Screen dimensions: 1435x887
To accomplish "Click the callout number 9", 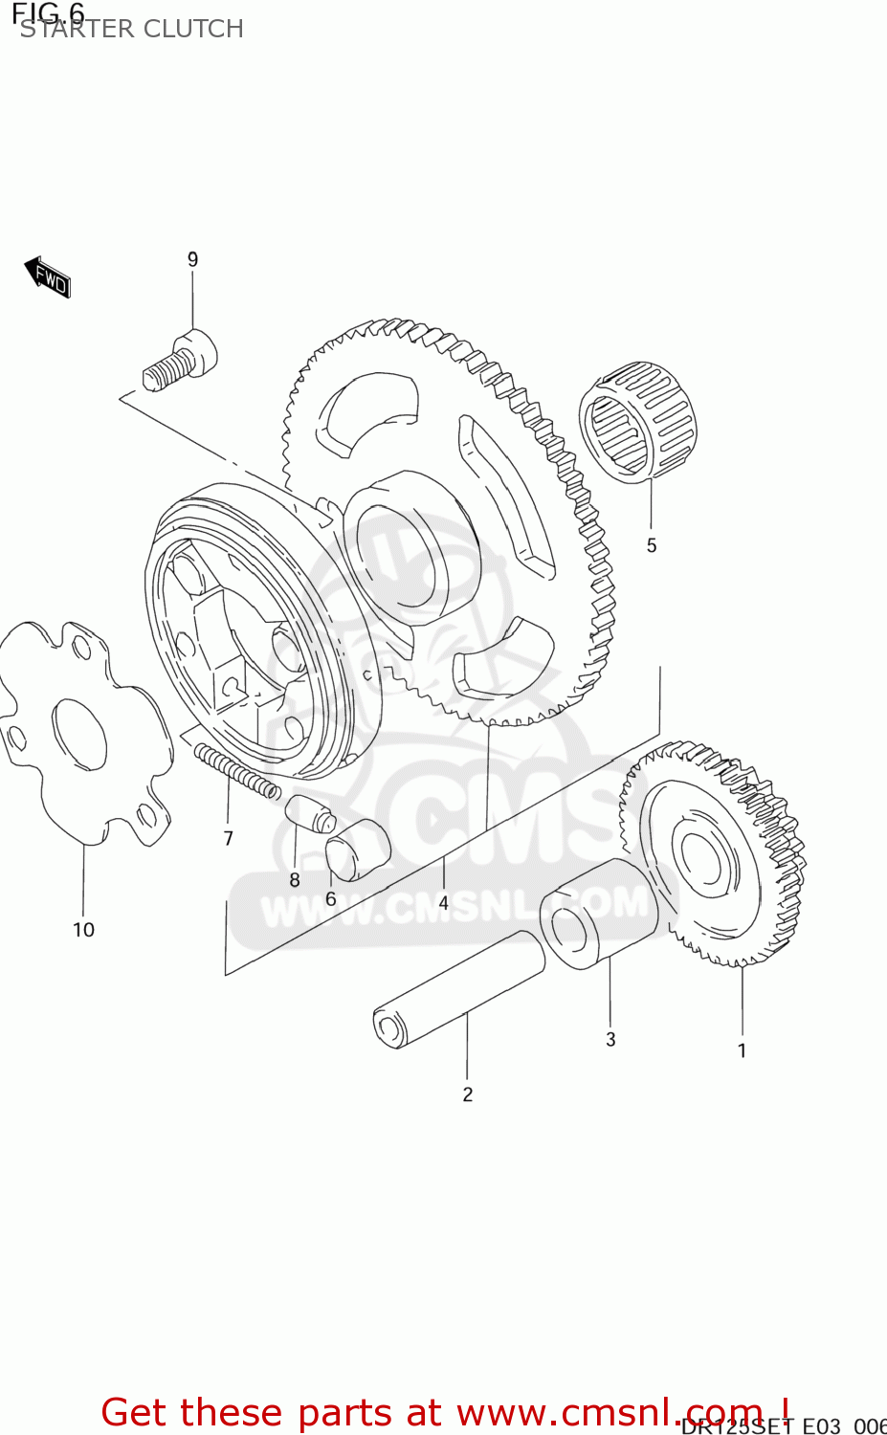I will coord(192,259).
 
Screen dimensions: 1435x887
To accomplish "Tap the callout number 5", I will coord(652,545).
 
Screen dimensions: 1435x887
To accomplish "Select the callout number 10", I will coord(83,929).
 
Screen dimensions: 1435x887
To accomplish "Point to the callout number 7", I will coord(228,838).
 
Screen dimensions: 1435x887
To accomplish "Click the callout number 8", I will coord(295,880).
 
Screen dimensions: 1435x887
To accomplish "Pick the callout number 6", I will coord(331,898).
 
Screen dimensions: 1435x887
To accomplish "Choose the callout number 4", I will coord(443,902).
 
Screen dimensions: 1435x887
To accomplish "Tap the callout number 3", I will coord(610,1039).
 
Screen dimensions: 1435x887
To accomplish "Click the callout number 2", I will coord(468,1094).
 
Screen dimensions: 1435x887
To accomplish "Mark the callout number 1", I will coord(742,1050).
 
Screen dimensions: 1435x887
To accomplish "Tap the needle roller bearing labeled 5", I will coord(637,422).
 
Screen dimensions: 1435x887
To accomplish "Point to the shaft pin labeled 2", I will coord(457,989).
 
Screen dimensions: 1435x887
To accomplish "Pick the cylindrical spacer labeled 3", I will coord(598,913).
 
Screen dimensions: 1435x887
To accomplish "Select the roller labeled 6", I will coord(357,849).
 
